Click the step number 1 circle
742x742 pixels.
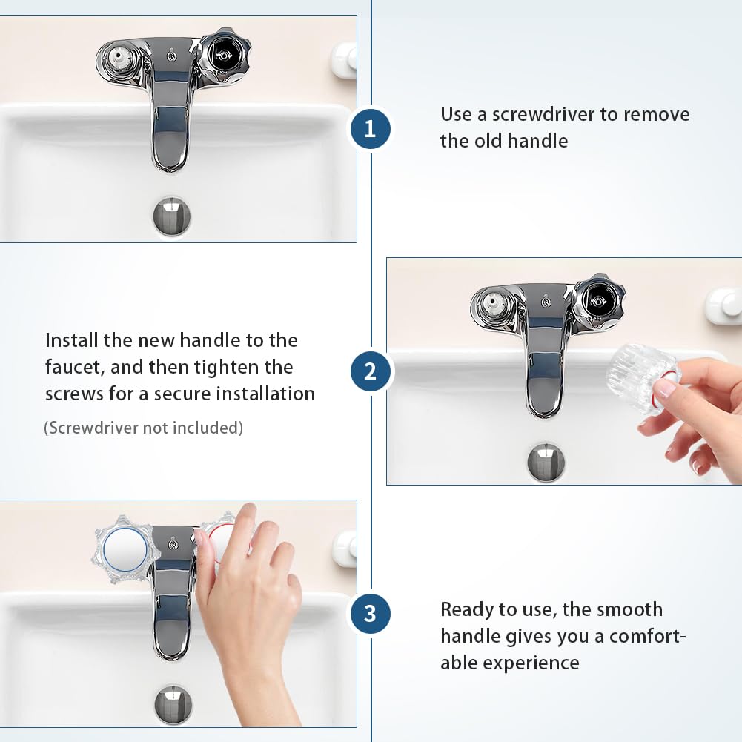pos(371,129)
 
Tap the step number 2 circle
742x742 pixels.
pos(371,371)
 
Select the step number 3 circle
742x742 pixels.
pos(371,614)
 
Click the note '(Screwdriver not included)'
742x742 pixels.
pos(143,428)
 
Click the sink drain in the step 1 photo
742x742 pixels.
pos(172,216)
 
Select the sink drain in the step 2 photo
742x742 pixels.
pos(546,462)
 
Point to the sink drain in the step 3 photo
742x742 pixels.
pos(173,704)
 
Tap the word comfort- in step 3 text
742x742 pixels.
pos(647,637)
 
